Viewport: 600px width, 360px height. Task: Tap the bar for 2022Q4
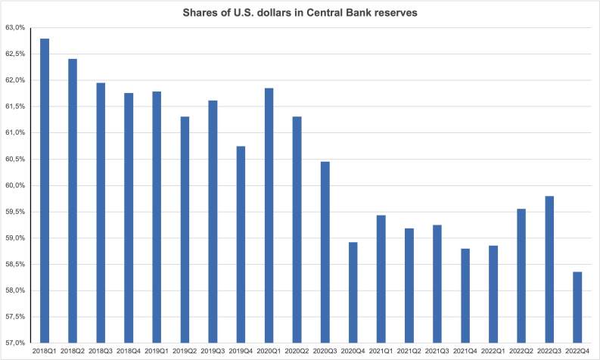pyautogui.click(x=577, y=307)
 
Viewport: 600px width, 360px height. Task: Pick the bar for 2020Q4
pyautogui.click(x=353, y=292)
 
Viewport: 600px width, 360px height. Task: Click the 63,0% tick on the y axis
pyautogui.click(x=14, y=28)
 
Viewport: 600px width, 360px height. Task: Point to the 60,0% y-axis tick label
pyautogui.click(x=14, y=186)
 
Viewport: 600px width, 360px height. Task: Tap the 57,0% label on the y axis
pyautogui.click(x=14, y=343)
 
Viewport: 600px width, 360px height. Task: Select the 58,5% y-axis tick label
pyautogui.click(x=14, y=265)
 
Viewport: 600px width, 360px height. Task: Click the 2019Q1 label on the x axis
pyautogui.click(x=157, y=352)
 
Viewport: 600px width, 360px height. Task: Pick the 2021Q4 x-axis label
pyautogui.click(x=465, y=352)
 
